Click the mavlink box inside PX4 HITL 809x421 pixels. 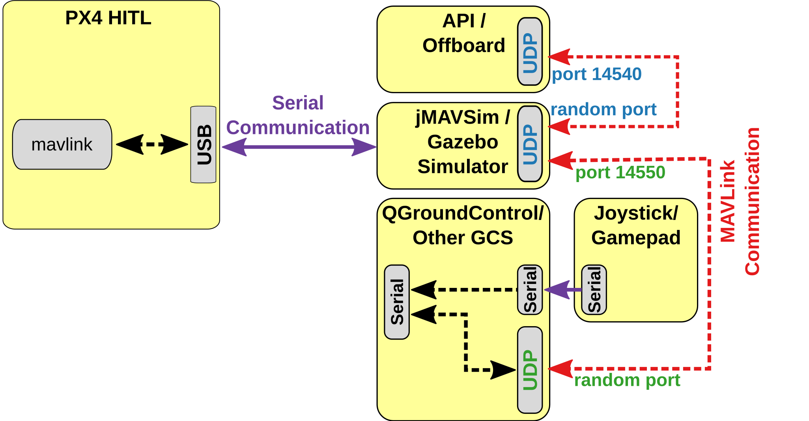62,145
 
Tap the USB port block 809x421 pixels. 203,145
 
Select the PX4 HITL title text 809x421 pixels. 108,18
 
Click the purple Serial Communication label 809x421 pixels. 298,115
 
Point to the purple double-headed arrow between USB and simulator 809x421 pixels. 299,147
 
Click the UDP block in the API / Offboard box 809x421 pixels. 530,52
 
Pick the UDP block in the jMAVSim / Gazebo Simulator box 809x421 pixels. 530,144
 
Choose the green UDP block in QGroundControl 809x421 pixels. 530,370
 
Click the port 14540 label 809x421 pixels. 596,74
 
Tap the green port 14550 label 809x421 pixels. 620,173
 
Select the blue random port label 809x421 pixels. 603,109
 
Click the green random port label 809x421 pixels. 627,380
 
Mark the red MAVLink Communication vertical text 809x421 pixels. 740,201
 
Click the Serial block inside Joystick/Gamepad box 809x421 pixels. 594,289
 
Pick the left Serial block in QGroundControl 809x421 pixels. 397,302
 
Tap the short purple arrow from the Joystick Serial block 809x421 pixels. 562,290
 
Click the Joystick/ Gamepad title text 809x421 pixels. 636,226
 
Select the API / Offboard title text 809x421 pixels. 464,34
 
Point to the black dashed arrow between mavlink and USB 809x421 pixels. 152,145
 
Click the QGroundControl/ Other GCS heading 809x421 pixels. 463,226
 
